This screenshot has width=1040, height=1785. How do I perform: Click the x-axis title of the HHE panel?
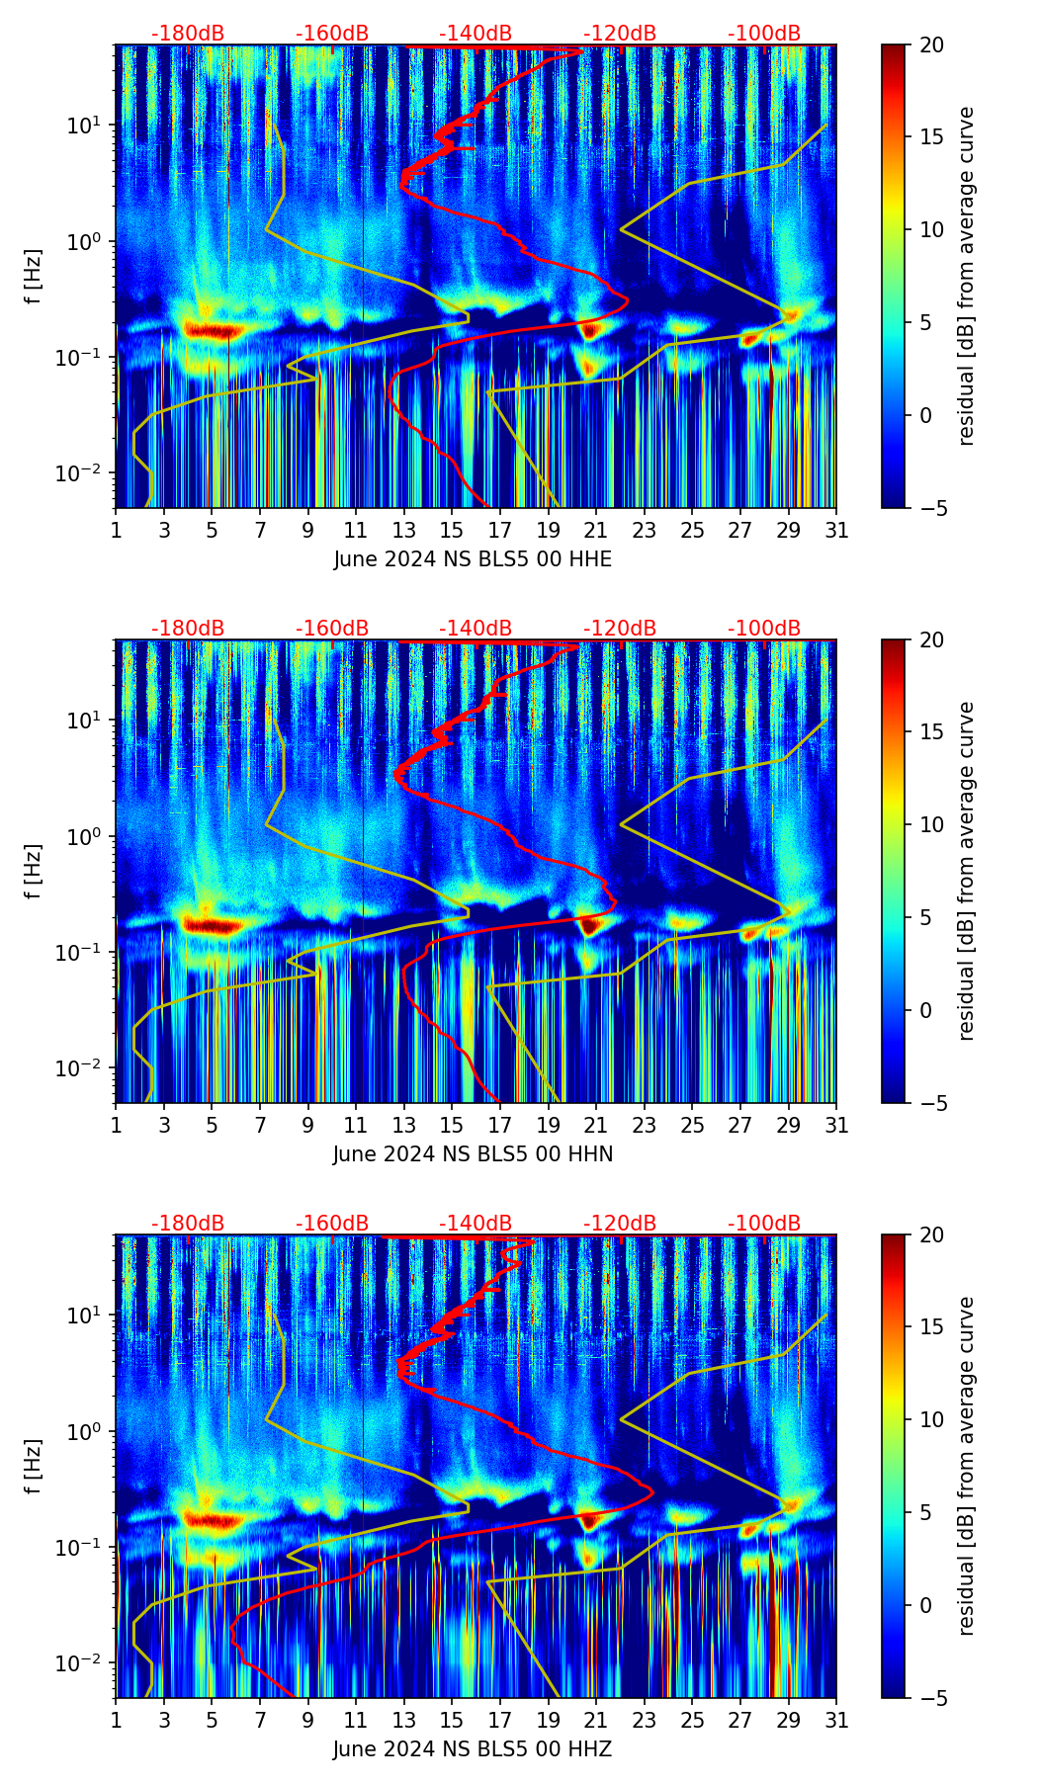tap(473, 559)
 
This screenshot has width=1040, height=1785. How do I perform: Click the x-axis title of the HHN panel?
tap(473, 1154)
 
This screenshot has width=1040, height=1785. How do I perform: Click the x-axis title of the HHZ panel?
tap(473, 1749)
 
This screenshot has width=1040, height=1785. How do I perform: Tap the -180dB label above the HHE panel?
tap(188, 34)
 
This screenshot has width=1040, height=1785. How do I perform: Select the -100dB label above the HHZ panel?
tap(764, 1224)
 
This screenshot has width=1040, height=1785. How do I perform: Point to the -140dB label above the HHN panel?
tap(476, 629)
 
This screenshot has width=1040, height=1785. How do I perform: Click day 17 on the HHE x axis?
tap(500, 530)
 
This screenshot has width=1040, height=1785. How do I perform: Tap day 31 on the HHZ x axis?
tap(836, 1720)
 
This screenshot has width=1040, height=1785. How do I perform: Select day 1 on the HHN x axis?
tap(116, 1125)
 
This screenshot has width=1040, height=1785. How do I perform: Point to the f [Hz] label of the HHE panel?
tap(34, 276)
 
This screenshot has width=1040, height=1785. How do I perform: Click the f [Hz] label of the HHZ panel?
tap(34, 1466)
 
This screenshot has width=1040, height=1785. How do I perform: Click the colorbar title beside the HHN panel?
tap(967, 871)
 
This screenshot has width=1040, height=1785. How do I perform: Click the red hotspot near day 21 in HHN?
tap(590, 926)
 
